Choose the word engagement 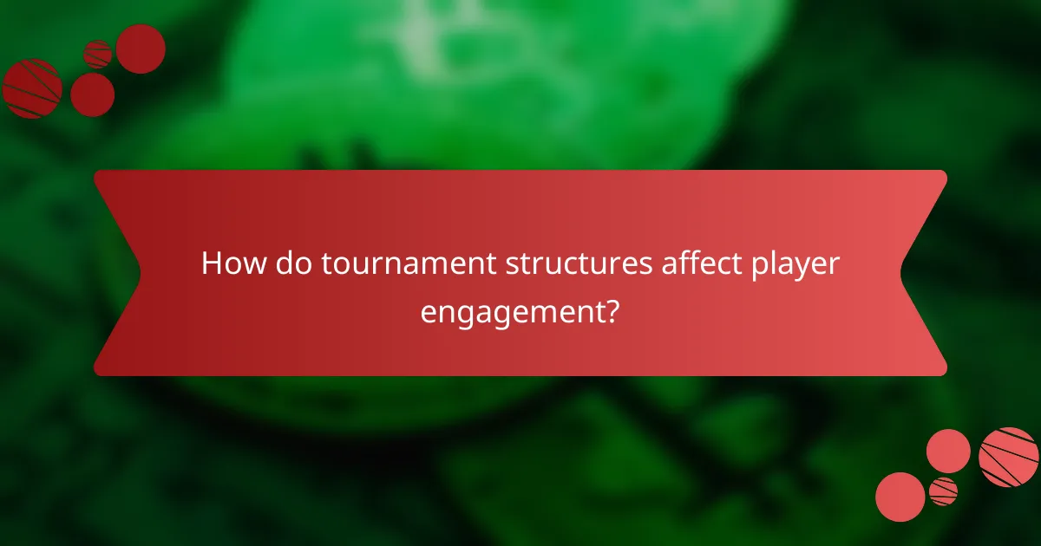point(512,309)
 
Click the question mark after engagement point(612,309)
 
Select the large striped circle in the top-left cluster point(31,88)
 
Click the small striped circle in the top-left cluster point(97,55)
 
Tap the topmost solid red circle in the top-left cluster point(141,49)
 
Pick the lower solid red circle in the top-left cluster point(92,94)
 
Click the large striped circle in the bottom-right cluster point(1009,457)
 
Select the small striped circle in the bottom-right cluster point(943,491)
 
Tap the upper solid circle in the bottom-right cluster point(948,451)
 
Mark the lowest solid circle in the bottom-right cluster point(900,497)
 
